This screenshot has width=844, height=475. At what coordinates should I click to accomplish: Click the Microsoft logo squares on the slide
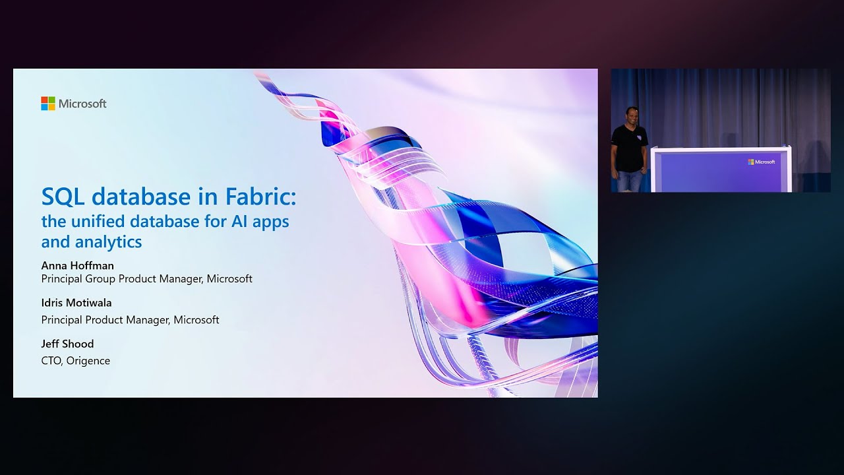click(x=48, y=104)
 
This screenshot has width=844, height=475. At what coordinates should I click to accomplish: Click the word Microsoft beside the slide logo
click(x=82, y=104)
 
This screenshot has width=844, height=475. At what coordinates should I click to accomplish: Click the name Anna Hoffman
click(x=77, y=265)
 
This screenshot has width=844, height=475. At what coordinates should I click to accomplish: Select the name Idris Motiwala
click(x=76, y=303)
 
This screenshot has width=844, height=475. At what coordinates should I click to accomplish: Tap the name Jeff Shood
click(x=67, y=344)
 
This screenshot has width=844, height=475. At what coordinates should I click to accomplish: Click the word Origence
click(x=88, y=361)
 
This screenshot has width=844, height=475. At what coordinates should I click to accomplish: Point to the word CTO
click(x=51, y=361)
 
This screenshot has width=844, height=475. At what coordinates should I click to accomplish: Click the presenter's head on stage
click(x=630, y=114)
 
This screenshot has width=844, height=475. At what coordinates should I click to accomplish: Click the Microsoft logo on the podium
click(x=762, y=162)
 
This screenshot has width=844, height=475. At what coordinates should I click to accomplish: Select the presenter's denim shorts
click(x=629, y=180)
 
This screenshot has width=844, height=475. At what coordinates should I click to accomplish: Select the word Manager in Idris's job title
click(x=148, y=320)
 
